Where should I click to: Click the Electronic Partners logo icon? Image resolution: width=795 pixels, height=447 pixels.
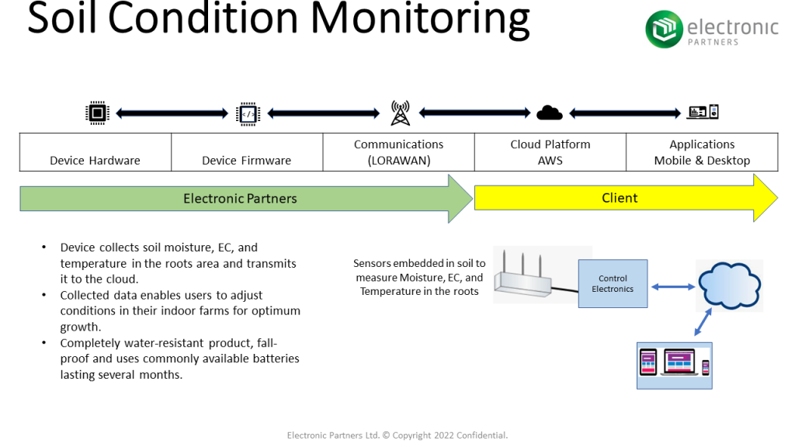(665, 29)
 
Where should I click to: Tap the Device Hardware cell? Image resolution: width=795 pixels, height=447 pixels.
(95, 153)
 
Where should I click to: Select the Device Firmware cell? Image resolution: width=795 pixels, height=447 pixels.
(247, 153)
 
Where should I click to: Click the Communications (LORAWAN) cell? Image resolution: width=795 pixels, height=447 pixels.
(398, 153)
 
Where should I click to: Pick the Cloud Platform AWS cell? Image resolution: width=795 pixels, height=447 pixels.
(550, 153)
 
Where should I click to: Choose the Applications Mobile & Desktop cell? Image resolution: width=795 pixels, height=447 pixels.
(702, 153)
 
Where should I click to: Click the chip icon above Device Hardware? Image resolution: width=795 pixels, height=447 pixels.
(96, 113)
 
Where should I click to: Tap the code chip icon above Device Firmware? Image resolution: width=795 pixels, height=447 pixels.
(248, 113)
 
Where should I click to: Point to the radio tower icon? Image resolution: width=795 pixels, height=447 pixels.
(400, 113)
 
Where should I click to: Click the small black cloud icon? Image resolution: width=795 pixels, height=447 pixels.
(550, 113)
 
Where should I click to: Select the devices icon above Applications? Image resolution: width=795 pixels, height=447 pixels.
(703, 113)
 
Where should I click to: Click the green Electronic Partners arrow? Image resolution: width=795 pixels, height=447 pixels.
(241, 199)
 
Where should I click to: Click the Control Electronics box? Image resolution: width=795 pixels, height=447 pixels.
(613, 284)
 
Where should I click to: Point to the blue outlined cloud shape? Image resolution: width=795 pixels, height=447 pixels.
(730, 286)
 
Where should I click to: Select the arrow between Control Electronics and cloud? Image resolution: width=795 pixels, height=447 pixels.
(672, 286)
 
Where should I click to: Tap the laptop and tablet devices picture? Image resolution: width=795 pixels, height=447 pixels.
(674, 365)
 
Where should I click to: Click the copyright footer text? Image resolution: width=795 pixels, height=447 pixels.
(397, 435)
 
